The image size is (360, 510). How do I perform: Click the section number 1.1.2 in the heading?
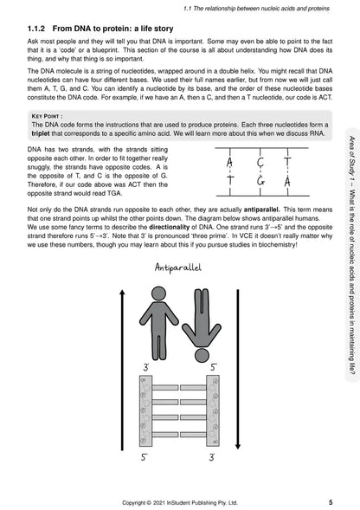tap(36, 29)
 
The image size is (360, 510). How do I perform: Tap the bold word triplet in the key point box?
tap(41, 133)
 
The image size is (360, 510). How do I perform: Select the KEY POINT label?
tap(47, 116)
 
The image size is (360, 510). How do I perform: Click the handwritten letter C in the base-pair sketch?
tap(260, 161)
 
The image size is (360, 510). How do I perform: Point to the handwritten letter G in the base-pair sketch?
tap(260, 180)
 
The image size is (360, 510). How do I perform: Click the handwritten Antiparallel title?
tap(178, 268)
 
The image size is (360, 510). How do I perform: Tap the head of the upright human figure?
tap(158, 294)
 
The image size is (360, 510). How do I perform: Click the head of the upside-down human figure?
tap(202, 355)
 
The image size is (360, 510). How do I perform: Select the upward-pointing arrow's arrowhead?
tap(122, 293)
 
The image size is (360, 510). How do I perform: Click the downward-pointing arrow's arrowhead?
tap(238, 446)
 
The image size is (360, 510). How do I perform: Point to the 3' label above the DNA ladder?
tap(146, 367)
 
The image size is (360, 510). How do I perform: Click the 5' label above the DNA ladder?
tap(214, 367)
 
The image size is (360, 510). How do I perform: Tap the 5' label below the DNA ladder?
tap(145, 457)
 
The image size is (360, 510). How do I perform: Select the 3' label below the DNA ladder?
tap(212, 457)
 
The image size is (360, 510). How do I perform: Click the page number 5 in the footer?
tap(331, 502)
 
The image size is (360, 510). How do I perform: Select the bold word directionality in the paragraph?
tap(169, 227)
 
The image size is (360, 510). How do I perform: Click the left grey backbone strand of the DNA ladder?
tap(145, 410)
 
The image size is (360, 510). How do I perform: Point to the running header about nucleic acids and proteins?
tap(256, 9)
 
